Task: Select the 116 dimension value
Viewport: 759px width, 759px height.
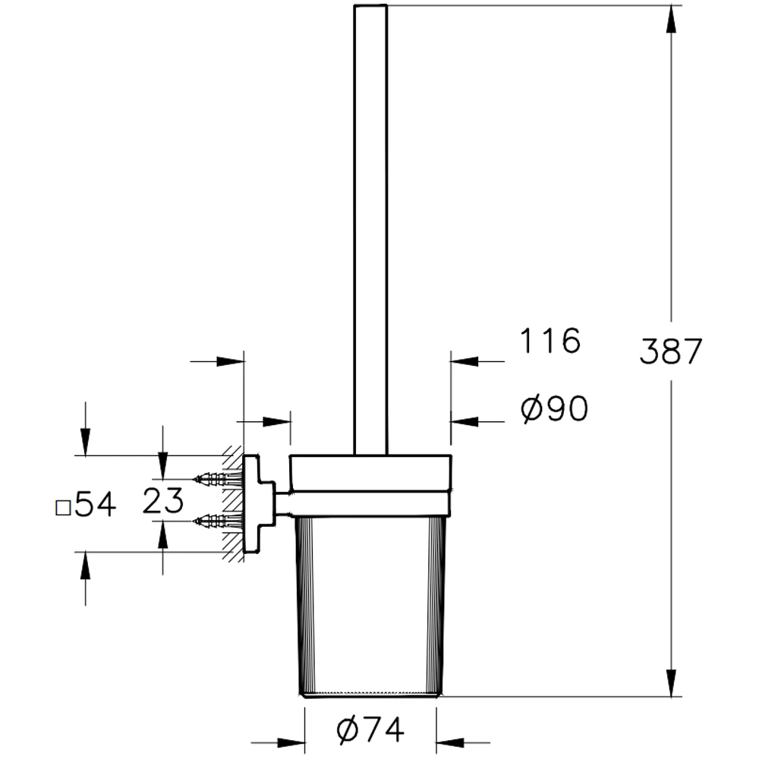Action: coord(550,342)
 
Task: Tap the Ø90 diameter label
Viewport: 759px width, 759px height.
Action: coord(554,410)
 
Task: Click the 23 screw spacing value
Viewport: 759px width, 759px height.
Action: coord(162,502)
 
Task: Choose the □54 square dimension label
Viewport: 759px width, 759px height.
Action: coord(87,505)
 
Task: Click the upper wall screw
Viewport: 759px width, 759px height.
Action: coord(217,479)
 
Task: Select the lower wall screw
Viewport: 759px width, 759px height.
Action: coord(217,521)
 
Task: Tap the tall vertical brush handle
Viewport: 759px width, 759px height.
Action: coord(371,228)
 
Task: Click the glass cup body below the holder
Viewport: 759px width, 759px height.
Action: coord(370,607)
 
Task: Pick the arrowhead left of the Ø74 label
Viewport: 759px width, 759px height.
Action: coord(291,742)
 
